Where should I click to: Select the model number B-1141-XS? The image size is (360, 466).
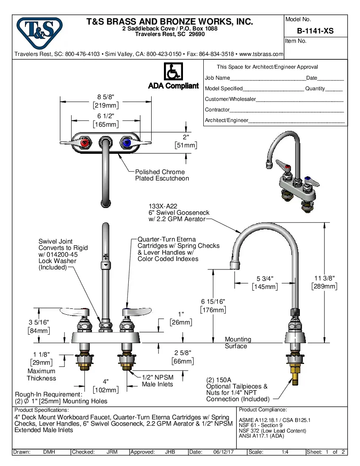(315, 31)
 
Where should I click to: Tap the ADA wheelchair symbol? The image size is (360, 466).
(173, 72)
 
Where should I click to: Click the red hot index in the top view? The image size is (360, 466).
(85, 143)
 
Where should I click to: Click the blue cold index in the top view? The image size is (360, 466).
(126, 143)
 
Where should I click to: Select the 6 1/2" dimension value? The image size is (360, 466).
(105, 116)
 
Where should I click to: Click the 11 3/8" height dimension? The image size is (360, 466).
(324, 278)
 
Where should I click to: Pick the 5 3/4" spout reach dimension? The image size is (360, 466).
(265, 278)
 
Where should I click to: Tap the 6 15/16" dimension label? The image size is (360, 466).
(213, 301)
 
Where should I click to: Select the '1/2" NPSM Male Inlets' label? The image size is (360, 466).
(157, 380)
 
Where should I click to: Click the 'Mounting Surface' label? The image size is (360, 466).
(238, 343)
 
